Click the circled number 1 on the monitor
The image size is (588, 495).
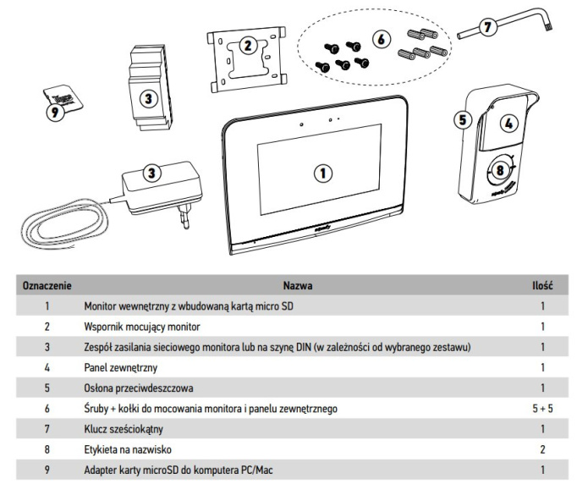coord(322,172)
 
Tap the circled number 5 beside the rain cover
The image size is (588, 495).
coord(462,119)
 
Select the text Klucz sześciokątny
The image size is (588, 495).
coord(124,429)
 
